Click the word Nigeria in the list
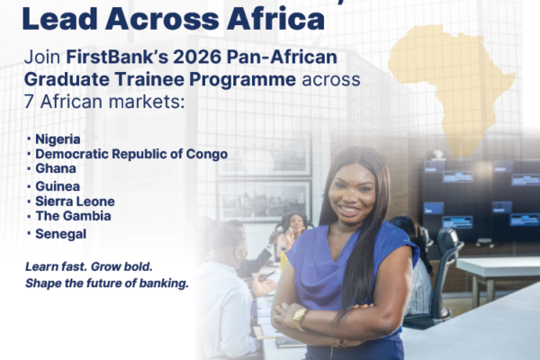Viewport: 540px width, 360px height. click(58, 139)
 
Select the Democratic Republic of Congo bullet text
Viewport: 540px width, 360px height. click(131, 154)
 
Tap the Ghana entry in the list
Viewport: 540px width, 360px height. click(56, 168)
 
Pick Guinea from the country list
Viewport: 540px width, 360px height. click(58, 186)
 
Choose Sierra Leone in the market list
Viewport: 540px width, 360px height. click(75, 202)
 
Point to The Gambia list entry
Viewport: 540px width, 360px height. click(74, 216)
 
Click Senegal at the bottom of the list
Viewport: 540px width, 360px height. click(61, 234)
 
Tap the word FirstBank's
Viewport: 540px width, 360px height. click(117, 58)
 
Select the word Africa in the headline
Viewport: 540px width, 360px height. click(275, 19)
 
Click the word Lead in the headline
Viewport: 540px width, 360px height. click(59, 19)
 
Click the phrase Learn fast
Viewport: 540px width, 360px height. click(56, 266)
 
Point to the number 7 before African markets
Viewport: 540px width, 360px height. click(30, 102)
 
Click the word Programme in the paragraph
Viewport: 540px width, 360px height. click(242, 80)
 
